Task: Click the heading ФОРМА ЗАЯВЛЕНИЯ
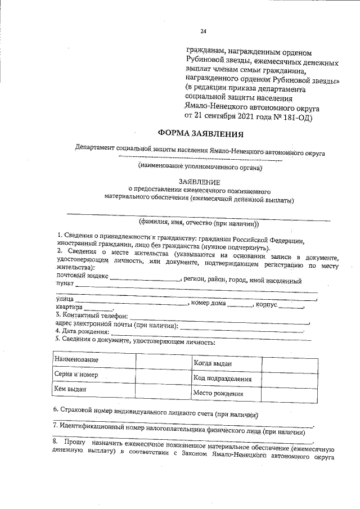200,134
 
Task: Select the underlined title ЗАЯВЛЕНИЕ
200,182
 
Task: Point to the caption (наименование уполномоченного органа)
200,166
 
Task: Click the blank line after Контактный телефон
219,319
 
